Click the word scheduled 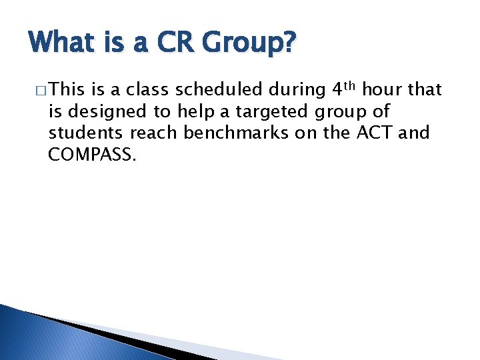pyautogui.click(x=219, y=90)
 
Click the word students pyautogui.click(x=87, y=133)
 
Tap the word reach pyautogui.click(x=154, y=133)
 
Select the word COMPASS pyautogui.click(x=91, y=155)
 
